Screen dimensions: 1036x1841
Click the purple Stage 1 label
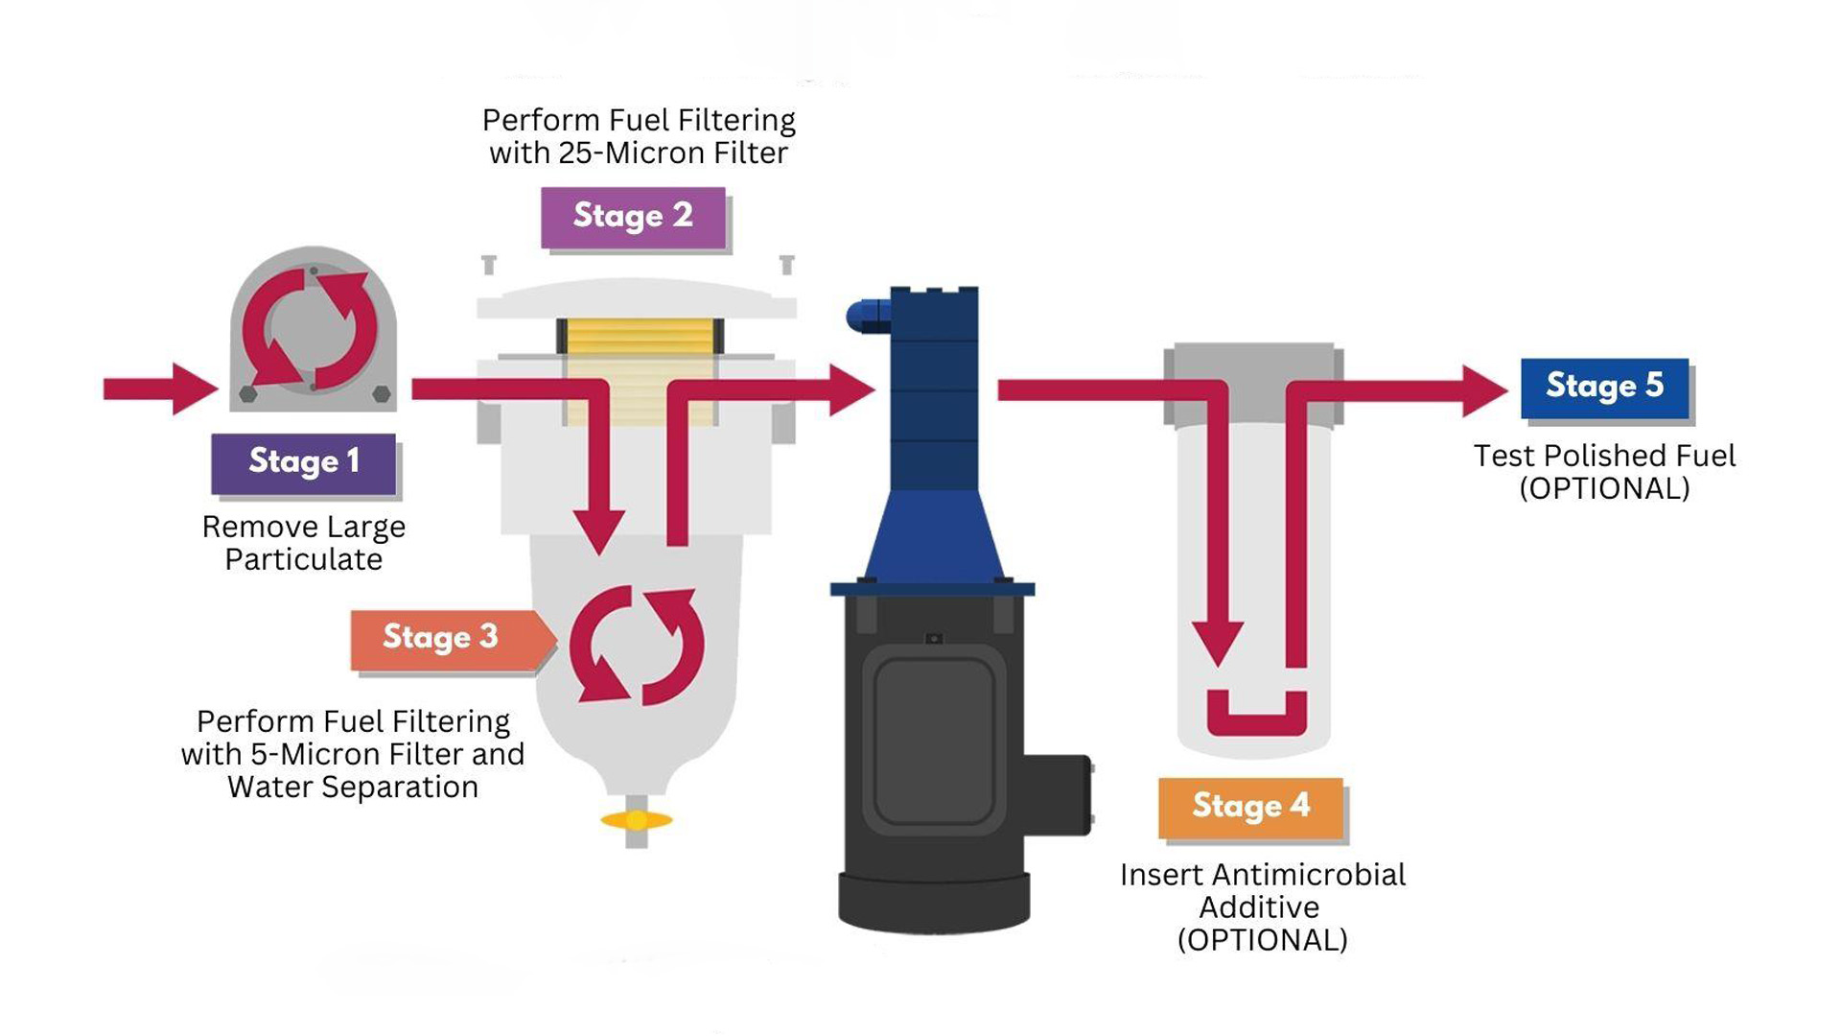(x=303, y=462)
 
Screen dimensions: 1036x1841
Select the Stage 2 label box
(x=633, y=217)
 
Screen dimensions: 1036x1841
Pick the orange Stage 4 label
(x=1250, y=807)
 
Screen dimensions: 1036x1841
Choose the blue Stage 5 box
(x=1604, y=387)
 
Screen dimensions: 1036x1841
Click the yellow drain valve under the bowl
(x=636, y=820)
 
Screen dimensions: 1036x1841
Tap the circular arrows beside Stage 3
(x=637, y=646)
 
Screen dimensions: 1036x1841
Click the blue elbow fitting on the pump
(x=866, y=315)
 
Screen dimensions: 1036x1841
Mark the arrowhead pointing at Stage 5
(x=1485, y=389)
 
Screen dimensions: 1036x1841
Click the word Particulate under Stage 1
(x=303, y=559)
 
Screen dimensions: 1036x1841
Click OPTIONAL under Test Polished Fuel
(x=1604, y=488)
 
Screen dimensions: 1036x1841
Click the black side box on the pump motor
(x=1059, y=792)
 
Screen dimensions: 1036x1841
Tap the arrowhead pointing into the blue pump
(x=852, y=389)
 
